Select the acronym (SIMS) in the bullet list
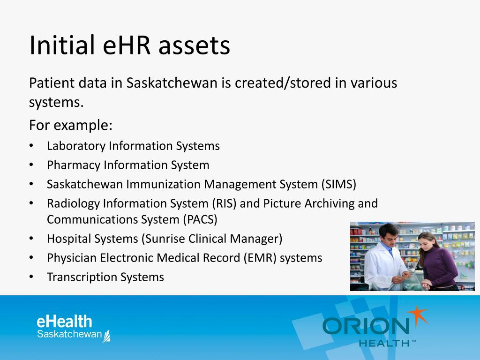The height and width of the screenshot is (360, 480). [x=338, y=184]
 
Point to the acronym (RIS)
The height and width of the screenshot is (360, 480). [x=226, y=203]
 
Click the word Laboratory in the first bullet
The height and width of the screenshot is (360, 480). [x=76, y=146]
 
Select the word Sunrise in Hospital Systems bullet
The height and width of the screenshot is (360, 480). [x=165, y=239]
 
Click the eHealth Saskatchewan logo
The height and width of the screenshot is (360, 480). [x=73, y=328]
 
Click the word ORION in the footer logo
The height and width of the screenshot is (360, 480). [x=366, y=326]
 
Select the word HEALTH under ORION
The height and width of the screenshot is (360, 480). [x=384, y=343]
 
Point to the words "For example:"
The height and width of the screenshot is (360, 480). [x=71, y=126]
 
